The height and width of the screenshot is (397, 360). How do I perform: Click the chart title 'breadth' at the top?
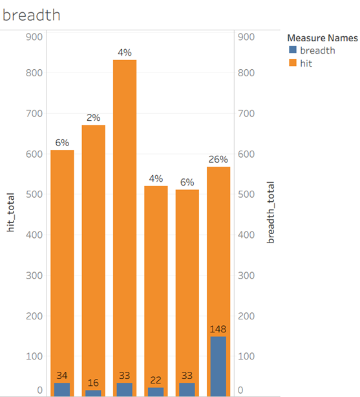[x=32, y=15]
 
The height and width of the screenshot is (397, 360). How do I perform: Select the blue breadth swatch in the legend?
[x=293, y=50]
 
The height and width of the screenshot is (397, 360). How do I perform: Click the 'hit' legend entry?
[x=306, y=63]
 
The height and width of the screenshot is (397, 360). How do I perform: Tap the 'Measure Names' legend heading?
[x=323, y=38]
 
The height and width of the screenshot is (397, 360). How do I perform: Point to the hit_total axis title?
[x=10, y=213]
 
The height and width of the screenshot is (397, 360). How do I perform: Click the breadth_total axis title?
[x=270, y=213]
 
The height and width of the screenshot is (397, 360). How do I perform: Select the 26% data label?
[x=218, y=159]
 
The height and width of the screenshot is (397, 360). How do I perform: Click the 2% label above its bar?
[x=94, y=118]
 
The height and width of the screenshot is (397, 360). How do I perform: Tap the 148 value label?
[x=218, y=329]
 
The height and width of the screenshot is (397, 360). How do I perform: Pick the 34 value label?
[x=62, y=375]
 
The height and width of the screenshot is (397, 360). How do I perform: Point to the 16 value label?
[x=93, y=383]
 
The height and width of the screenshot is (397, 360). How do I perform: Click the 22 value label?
[x=156, y=380]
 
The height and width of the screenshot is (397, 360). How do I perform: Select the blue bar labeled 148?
[x=218, y=367]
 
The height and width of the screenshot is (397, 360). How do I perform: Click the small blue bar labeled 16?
[x=93, y=393]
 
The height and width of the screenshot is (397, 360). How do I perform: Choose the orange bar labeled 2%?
[x=94, y=261]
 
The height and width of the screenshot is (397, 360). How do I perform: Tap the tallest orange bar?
[x=125, y=228]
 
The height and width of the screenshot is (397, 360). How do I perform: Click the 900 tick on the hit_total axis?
[x=34, y=37]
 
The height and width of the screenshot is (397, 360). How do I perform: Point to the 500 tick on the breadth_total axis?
[x=246, y=195]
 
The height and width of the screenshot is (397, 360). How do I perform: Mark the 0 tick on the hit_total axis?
[x=39, y=390]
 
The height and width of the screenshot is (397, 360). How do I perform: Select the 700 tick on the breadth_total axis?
[x=246, y=113]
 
